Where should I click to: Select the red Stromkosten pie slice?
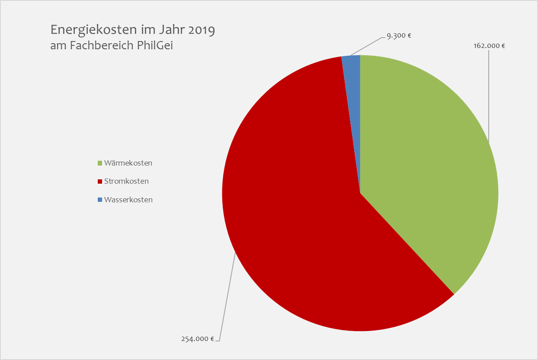click(294, 216)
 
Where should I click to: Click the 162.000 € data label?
click(489, 45)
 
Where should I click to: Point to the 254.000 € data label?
click(197, 339)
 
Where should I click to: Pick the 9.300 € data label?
click(399, 36)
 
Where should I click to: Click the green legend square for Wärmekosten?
click(100, 163)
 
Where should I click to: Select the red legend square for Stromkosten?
click(100, 182)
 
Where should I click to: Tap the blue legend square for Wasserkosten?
click(100, 200)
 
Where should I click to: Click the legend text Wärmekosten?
click(128, 163)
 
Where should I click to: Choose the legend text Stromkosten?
click(126, 182)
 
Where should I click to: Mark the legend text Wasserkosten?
click(128, 200)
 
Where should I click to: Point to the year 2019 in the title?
click(200, 30)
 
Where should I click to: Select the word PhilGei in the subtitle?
click(155, 45)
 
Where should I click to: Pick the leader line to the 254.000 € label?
click(227, 298)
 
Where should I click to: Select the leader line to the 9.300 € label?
click(368, 46)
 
